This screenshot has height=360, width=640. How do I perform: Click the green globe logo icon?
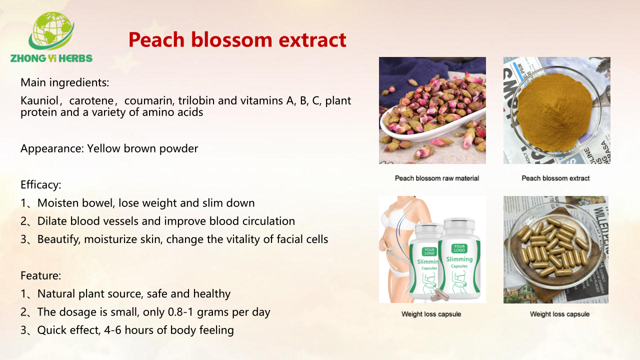[51, 30]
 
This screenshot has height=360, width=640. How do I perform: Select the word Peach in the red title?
[156, 39]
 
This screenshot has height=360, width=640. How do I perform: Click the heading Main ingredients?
[65, 82]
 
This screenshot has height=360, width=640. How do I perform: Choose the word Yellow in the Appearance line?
[103, 148]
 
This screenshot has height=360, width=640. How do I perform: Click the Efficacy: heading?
[41, 185]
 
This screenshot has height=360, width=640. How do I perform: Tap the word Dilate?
[52, 221]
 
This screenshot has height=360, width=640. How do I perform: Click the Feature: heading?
[41, 275]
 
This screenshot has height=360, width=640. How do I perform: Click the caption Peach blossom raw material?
[437, 178]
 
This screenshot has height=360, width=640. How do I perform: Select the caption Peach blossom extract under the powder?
[555, 178]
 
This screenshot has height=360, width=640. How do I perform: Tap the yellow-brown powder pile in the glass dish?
[555, 111]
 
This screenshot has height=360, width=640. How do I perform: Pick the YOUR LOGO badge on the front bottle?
[459, 248]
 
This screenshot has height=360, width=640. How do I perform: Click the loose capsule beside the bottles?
[439, 295]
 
